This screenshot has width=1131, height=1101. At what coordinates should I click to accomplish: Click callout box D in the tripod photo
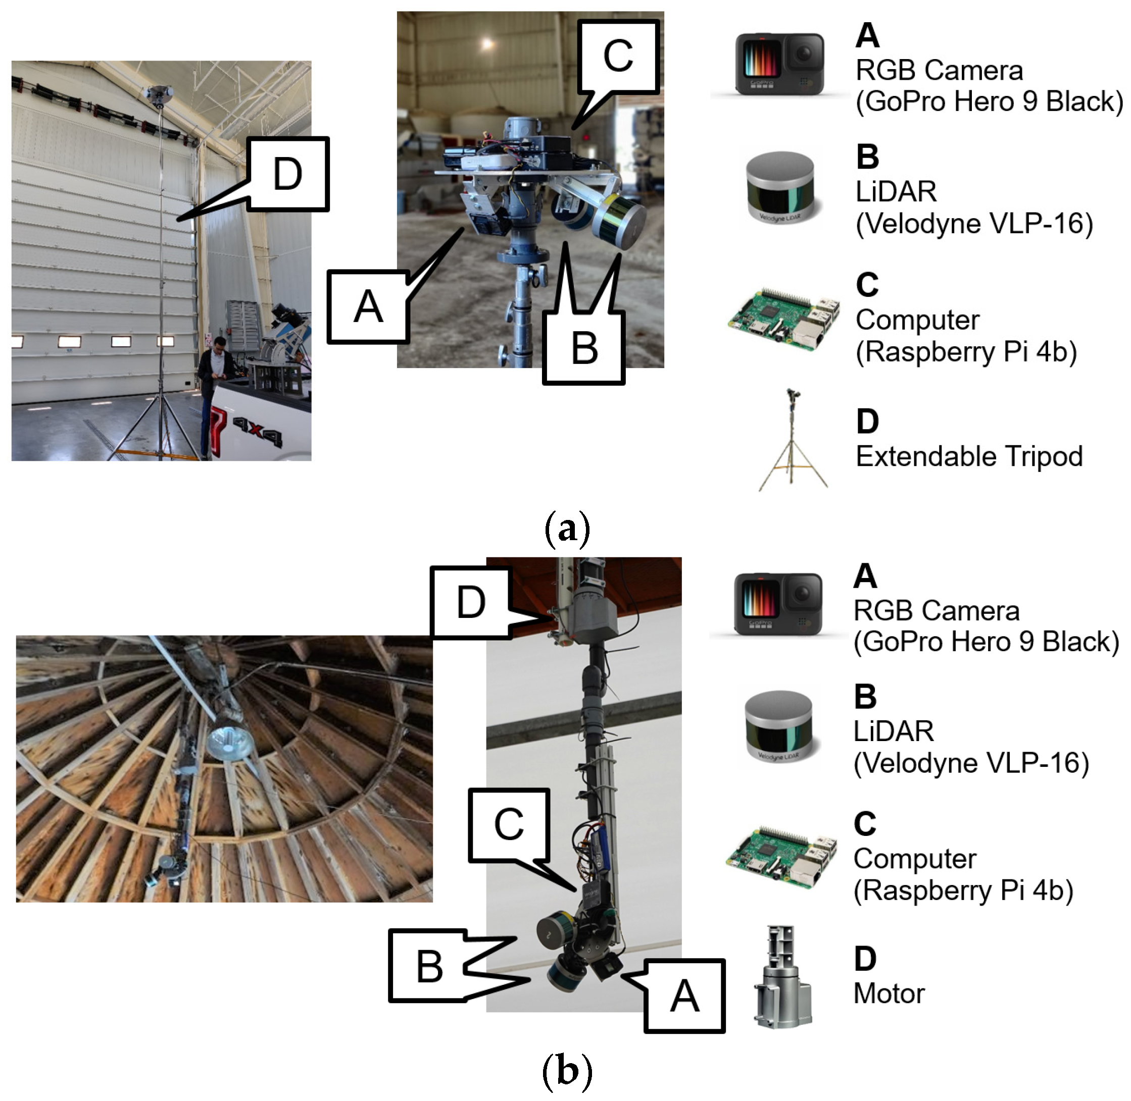point(287,174)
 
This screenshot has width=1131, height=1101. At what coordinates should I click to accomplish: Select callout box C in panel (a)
point(618,57)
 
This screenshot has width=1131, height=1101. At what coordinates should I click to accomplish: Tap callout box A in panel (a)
point(368,307)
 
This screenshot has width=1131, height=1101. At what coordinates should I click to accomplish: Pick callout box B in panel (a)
point(584,349)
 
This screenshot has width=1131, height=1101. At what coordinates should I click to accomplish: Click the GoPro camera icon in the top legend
point(779,64)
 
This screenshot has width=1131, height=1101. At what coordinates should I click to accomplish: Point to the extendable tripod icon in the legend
point(792,441)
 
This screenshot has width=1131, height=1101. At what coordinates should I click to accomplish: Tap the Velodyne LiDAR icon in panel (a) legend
point(780,190)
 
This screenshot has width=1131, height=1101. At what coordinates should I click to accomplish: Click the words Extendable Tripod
point(968,456)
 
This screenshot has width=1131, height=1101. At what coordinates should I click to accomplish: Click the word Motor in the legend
point(889,993)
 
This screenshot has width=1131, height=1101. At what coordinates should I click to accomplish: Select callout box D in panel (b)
point(471,602)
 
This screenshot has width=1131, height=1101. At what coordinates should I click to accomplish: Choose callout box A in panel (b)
point(684,996)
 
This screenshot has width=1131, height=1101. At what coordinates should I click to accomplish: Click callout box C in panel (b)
point(509,824)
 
